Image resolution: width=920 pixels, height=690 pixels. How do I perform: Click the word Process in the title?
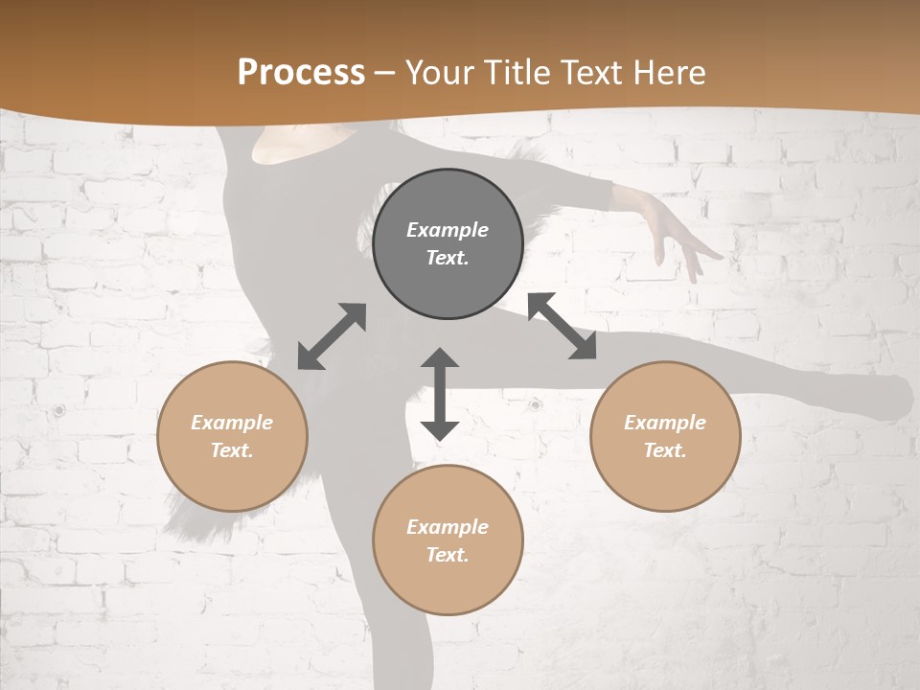point(301,73)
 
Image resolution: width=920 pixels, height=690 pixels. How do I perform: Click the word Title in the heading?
point(516,73)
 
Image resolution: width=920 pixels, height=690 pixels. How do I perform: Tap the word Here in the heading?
point(667,73)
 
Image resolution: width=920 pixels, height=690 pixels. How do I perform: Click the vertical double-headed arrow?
point(440,394)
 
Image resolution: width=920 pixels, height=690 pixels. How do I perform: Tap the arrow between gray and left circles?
point(332,336)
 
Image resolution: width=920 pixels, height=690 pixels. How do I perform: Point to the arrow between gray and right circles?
point(563,326)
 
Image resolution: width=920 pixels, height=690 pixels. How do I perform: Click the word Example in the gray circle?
point(448,230)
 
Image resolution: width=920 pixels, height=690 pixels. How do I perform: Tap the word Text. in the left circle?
point(232,450)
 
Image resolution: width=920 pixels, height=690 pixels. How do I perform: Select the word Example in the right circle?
point(665,423)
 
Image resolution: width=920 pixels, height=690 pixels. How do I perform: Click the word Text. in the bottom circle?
point(448,555)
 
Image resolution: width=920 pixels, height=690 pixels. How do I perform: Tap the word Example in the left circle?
point(232,423)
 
